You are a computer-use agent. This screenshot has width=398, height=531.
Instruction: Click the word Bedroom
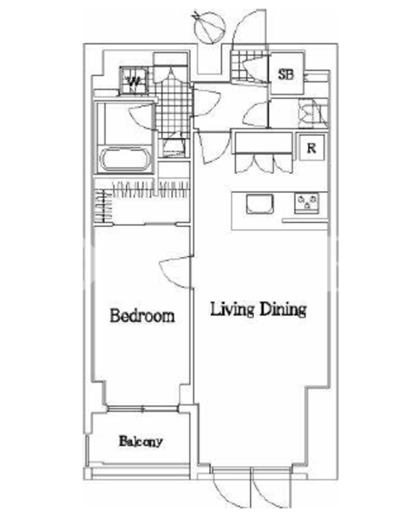tap(143, 316)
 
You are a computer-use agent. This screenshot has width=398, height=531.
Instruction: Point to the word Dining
tap(283, 309)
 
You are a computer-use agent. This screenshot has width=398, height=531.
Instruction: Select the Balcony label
tap(141, 441)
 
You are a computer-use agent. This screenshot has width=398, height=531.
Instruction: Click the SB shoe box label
tap(286, 74)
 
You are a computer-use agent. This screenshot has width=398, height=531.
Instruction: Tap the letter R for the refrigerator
tap(311, 148)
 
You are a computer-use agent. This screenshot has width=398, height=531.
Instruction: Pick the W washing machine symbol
tap(134, 80)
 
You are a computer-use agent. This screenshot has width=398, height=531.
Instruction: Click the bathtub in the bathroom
tap(125, 159)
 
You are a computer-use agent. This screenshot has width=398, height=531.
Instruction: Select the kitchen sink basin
tap(259, 204)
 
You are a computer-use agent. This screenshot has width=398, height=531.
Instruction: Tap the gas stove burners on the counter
tap(306, 203)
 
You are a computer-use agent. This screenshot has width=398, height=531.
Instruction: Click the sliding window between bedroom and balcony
tap(143, 409)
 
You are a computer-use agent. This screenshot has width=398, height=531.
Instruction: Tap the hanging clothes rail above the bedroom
tap(151, 189)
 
